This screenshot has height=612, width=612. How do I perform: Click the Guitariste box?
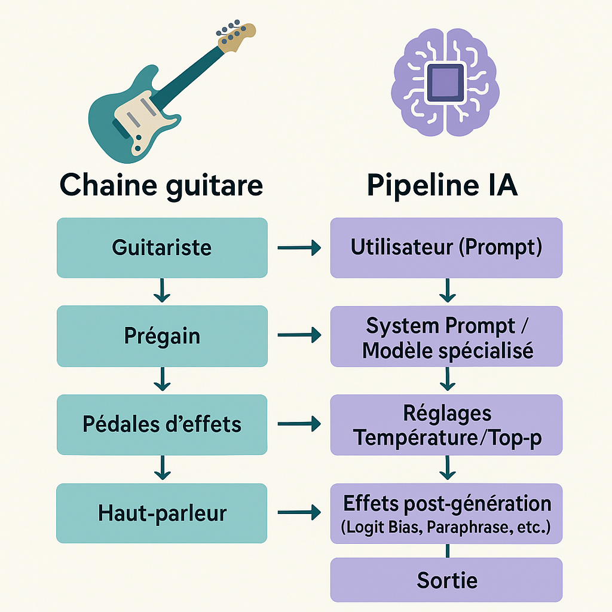[x=162, y=248]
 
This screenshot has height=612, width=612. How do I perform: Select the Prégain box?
[x=162, y=336]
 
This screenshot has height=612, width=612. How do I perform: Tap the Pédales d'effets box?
[x=162, y=425]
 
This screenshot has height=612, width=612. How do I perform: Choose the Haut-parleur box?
[x=161, y=513]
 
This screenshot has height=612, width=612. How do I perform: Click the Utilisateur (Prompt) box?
[x=446, y=248]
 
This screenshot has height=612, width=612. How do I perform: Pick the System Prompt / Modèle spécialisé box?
[x=446, y=336]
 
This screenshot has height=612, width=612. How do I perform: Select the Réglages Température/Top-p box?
[x=446, y=425]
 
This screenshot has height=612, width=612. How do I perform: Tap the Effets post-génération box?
[x=446, y=513]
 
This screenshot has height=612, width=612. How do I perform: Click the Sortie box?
[x=446, y=580]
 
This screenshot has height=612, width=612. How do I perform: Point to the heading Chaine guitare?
[x=161, y=186]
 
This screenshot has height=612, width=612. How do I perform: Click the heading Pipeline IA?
[x=442, y=185]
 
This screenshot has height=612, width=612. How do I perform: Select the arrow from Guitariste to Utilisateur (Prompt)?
[x=299, y=247]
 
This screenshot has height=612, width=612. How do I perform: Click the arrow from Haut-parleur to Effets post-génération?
[x=299, y=512]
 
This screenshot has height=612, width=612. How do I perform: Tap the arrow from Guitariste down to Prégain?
[x=162, y=290]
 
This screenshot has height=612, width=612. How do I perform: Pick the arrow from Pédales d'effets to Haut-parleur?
[x=163, y=467]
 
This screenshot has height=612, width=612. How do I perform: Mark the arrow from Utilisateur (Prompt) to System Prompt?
[x=447, y=290]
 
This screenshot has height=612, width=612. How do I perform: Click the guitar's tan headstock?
[x=237, y=38]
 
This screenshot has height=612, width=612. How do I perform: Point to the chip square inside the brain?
[x=445, y=82]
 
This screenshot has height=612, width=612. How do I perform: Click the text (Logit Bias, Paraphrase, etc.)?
[x=446, y=527]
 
